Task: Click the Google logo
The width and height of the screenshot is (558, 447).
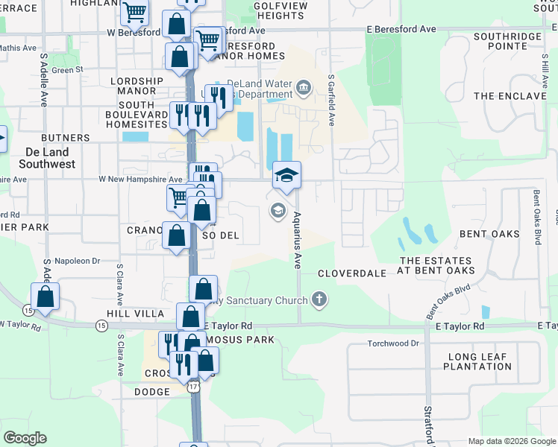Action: click(25, 438)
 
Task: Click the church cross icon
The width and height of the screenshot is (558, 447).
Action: click(319, 300)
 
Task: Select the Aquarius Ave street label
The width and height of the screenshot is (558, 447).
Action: click(297, 238)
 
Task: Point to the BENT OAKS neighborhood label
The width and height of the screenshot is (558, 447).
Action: click(490, 234)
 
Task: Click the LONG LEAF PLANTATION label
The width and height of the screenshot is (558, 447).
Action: click(477, 361)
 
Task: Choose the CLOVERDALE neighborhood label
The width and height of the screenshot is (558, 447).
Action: click(352, 273)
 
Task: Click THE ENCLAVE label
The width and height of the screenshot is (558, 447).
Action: click(510, 96)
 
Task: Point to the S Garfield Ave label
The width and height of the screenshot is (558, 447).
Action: click(330, 101)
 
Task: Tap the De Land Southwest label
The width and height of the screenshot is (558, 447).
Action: click(47, 157)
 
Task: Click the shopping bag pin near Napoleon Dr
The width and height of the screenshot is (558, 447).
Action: click(46, 296)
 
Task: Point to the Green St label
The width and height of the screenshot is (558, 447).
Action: click(68, 70)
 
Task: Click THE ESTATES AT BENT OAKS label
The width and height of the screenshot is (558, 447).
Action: click(436, 265)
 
